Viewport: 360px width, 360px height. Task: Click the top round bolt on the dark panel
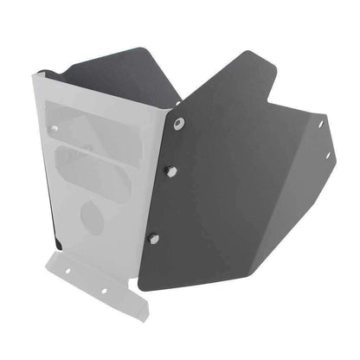pyautogui.click(x=179, y=124)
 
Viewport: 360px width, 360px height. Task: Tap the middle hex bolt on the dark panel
pyautogui.click(x=170, y=171)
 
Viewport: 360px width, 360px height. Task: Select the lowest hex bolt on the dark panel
pyautogui.click(x=153, y=238)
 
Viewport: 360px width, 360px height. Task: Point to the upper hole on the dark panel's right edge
pyautogui.click(x=320, y=125)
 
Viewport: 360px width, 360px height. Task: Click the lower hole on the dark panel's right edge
pyautogui.click(x=327, y=156)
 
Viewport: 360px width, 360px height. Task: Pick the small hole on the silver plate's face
pyautogui.click(x=55, y=129)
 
